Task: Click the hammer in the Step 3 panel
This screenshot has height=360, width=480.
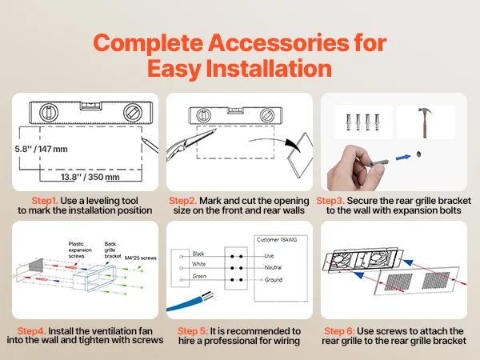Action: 425,122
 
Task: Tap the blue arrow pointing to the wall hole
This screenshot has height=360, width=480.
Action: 403,158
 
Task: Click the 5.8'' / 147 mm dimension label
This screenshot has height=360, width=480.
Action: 42,150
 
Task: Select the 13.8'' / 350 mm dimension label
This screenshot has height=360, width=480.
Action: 90,177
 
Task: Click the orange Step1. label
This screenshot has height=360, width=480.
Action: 45,201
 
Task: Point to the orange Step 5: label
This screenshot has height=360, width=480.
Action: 193,331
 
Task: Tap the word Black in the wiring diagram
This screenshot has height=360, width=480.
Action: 198,254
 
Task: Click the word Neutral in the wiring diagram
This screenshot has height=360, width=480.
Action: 273,267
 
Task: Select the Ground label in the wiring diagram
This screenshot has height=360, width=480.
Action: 274,280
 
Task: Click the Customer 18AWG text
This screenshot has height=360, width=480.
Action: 277,240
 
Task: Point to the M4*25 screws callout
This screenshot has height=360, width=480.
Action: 141,258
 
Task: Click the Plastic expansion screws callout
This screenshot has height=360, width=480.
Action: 77,250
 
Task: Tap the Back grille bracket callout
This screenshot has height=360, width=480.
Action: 112,250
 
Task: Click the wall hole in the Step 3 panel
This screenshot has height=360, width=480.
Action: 418,154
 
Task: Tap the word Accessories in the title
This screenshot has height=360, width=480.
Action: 278,43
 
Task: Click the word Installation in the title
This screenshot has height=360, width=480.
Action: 269,68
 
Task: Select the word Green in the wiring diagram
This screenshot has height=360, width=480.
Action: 199,276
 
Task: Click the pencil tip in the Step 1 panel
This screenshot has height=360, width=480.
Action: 142,138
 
